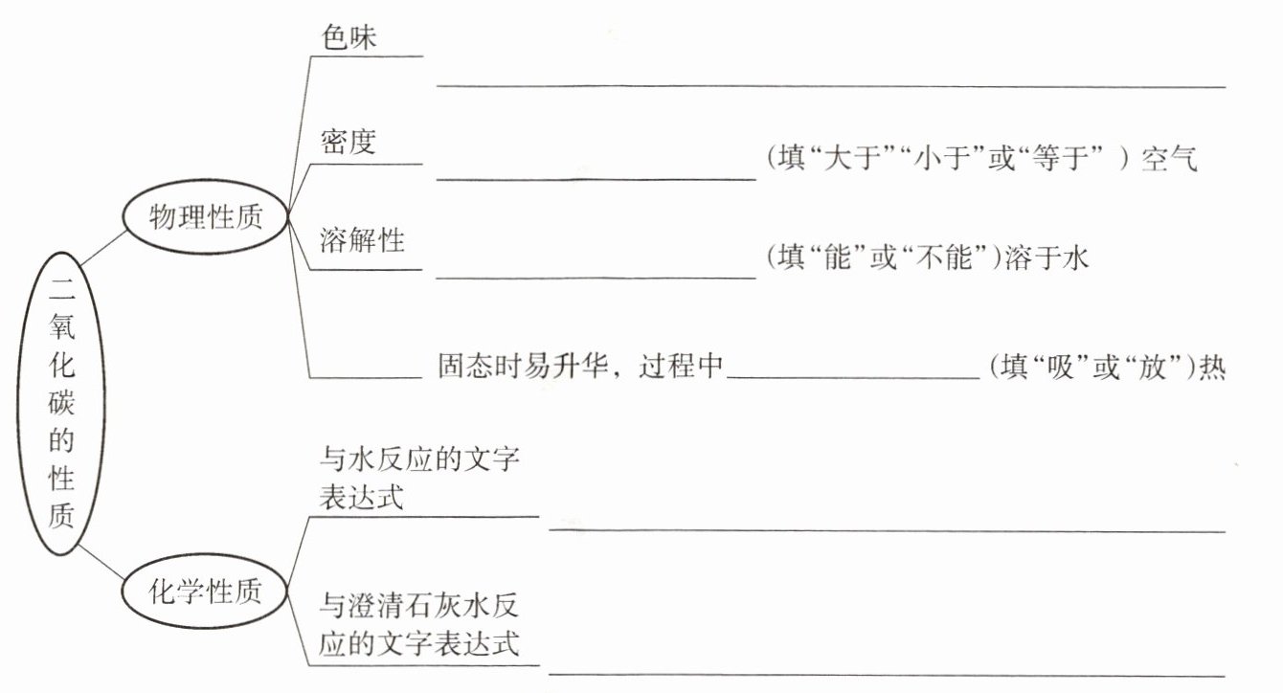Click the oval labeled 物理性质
[206, 218]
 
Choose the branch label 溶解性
[363, 239]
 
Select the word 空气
[1169, 159]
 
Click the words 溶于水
[1047, 258]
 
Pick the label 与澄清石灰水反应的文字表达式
[420, 624]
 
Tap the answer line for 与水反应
[887, 527]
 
